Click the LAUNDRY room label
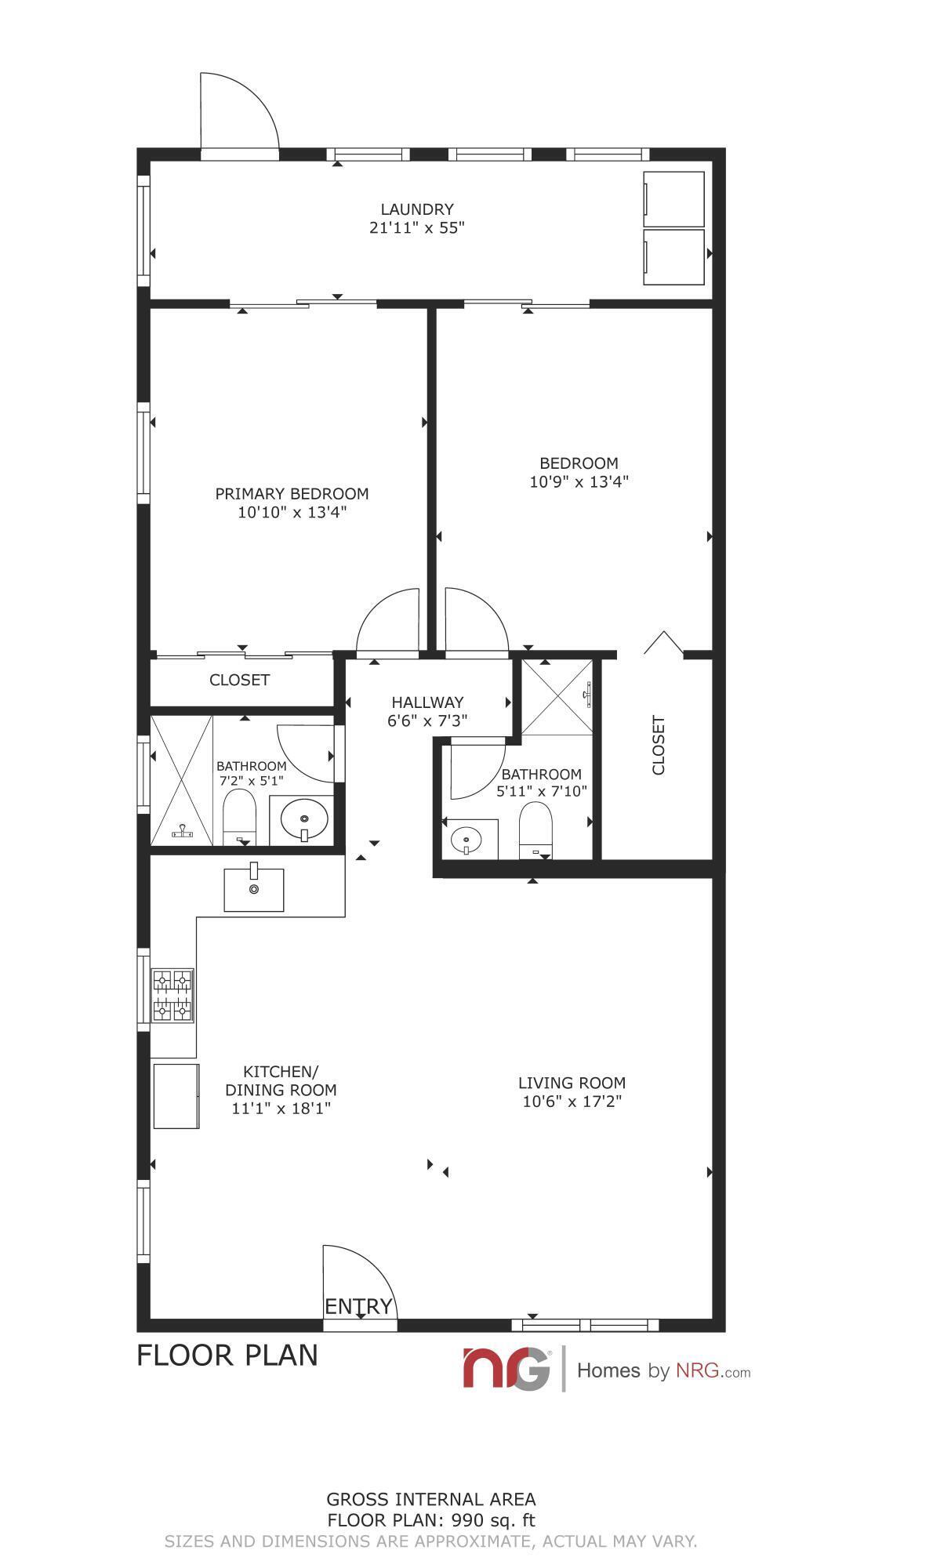(417, 209)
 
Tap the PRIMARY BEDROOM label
(292, 494)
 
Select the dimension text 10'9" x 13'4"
(579, 481)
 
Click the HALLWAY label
(427, 702)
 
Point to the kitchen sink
(254, 889)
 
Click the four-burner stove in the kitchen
(172, 995)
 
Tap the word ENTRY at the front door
(358, 1306)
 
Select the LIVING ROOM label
(572, 1083)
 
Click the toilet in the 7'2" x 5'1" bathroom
(240, 817)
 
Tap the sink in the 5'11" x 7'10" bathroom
(467, 840)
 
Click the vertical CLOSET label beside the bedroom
(659, 745)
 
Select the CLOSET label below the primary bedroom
(239, 680)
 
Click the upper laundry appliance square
(673, 199)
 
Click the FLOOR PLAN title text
(227, 1355)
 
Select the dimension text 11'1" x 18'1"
(281, 1109)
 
